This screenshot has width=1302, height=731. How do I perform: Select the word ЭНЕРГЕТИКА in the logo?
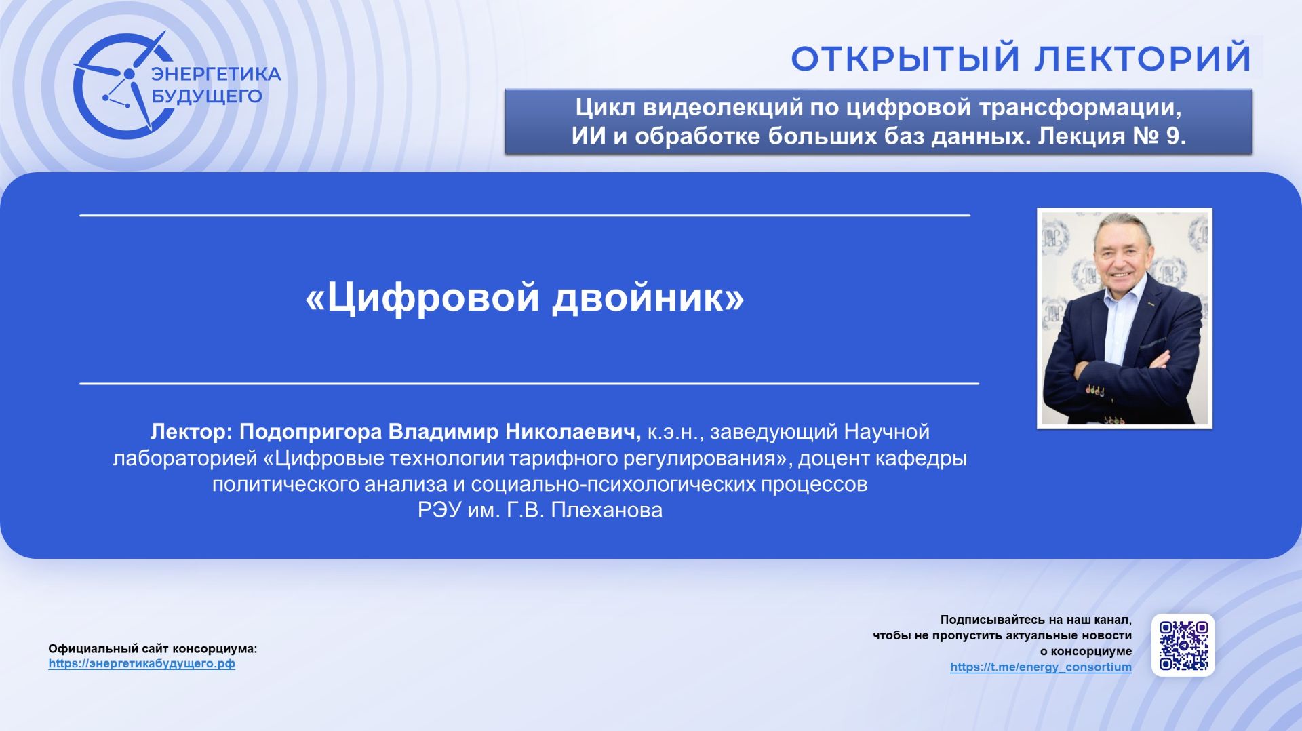pos(216,74)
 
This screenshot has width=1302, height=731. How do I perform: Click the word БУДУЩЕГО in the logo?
pos(206,96)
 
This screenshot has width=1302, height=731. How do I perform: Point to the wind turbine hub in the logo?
pos(129,73)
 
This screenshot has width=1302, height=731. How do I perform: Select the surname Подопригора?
pos(311,431)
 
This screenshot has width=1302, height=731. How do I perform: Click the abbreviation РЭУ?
pos(439,510)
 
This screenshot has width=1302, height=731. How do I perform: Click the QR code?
pos(1183,645)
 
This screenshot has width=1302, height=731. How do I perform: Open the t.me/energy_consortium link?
pos(1040,667)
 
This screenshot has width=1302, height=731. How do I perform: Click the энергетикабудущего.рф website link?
pos(142,663)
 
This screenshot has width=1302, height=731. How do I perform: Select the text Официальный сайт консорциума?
pos(153,648)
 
